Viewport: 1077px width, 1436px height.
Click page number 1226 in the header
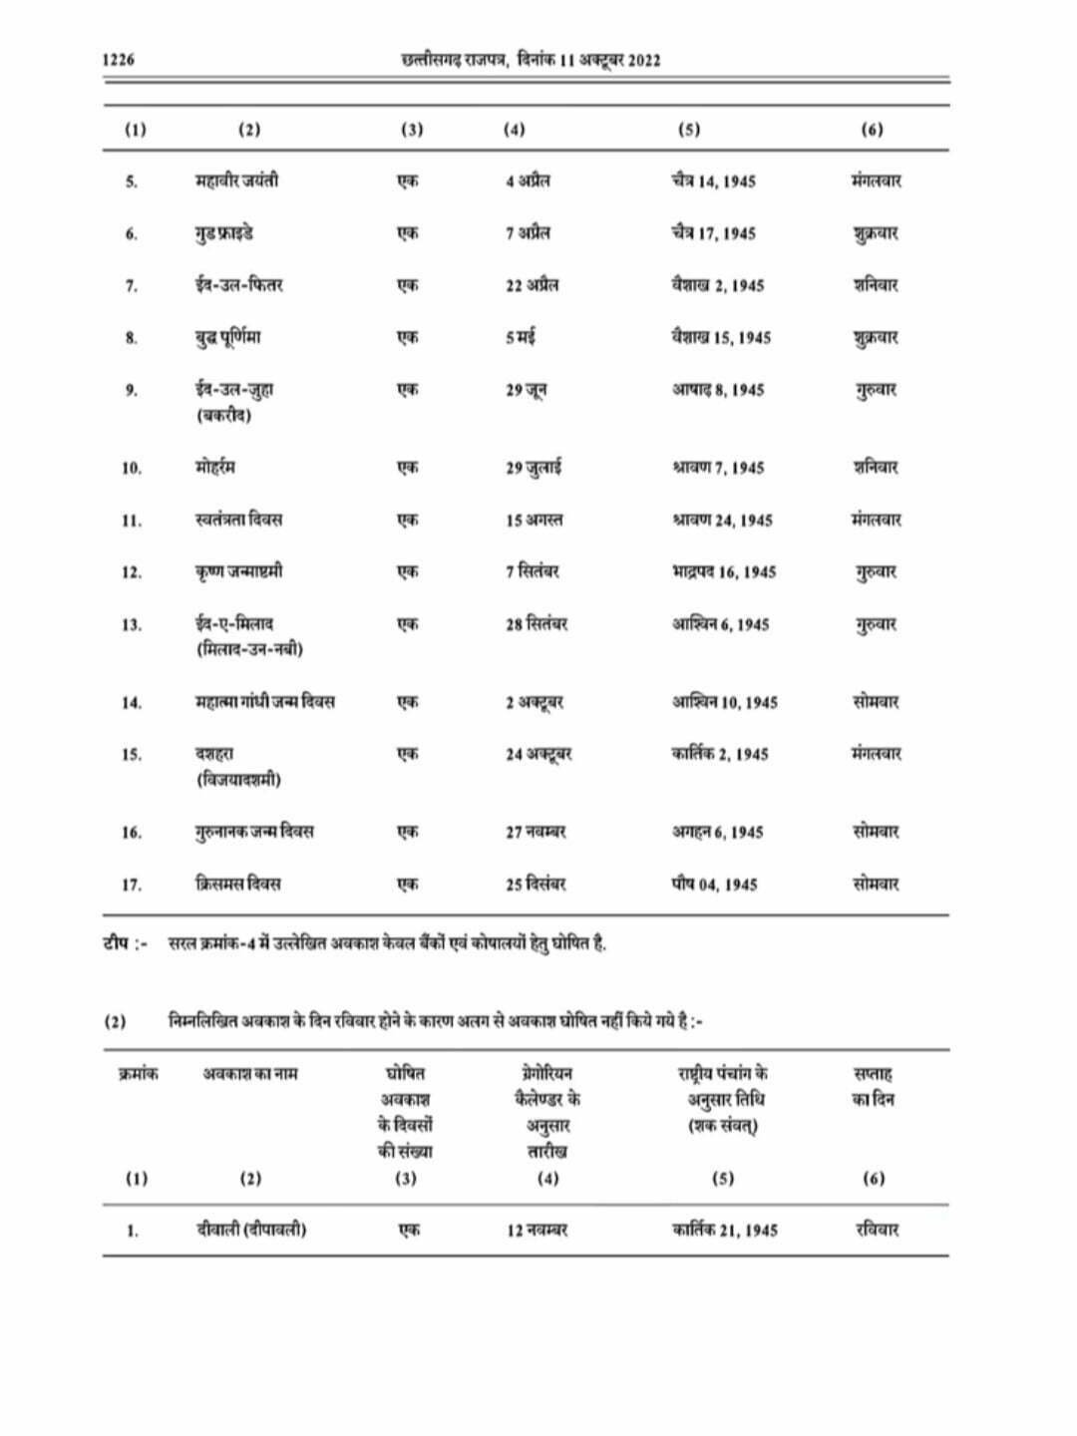click(119, 61)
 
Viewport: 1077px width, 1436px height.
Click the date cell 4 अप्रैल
click(528, 181)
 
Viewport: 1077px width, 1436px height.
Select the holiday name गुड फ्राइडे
click(224, 233)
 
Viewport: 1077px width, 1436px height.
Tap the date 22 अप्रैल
click(532, 285)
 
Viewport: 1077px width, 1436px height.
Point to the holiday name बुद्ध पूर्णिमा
click(228, 337)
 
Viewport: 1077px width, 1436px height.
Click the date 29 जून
click(526, 390)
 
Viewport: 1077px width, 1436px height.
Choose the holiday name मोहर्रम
click(215, 467)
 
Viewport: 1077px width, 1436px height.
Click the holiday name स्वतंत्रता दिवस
click(238, 520)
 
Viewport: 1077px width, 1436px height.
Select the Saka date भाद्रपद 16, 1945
click(724, 572)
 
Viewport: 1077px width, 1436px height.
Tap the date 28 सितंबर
click(537, 624)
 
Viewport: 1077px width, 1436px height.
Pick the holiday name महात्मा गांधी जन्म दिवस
click(265, 702)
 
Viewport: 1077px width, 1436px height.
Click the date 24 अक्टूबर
click(538, 755)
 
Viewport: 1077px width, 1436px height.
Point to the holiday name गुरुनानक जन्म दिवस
click(254, 832)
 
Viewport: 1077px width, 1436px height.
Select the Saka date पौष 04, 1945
click(714, 885)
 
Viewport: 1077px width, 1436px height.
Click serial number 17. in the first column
click(132, 885)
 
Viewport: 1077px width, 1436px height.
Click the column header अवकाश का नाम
click(250, 1074)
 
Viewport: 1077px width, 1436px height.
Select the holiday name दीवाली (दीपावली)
click(251, 1230)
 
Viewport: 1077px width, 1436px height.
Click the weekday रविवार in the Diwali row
click(877, 1230)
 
